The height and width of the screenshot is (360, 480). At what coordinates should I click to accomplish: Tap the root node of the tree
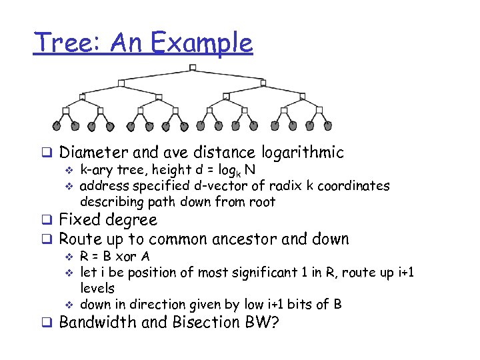pyautogui.click(x=193, y=67)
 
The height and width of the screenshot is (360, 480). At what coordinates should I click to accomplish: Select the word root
pyautogui.click(x=262, y=201)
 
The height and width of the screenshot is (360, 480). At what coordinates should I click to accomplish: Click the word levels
pyautogui.click(x=97, y=288)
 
